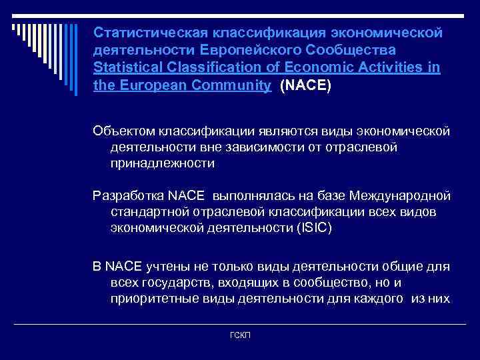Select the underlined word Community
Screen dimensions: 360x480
click(x=231, y=86)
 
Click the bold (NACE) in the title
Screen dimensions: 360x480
click(x=306, y=86)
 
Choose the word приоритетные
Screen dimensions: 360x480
click(x=151, y=299)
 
